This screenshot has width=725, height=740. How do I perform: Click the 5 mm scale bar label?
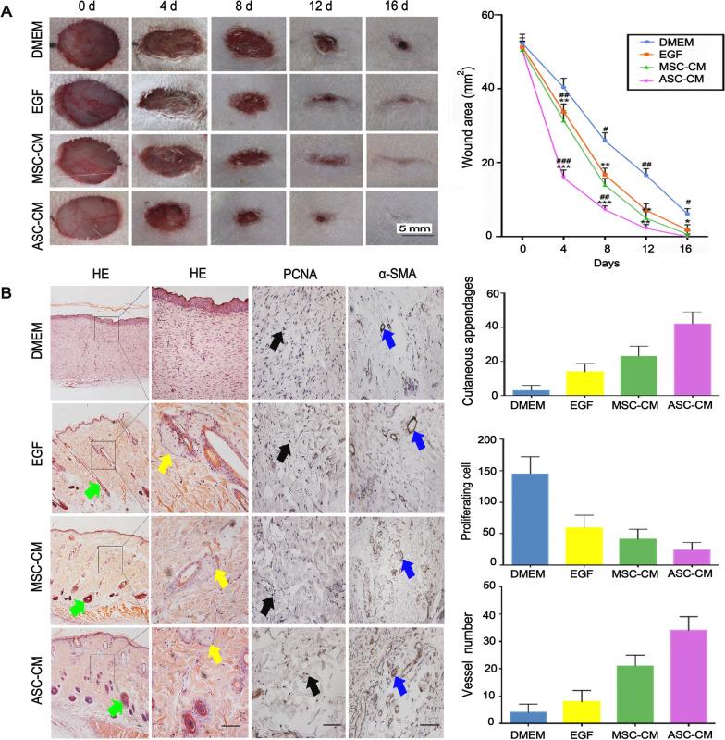(410, 227)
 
